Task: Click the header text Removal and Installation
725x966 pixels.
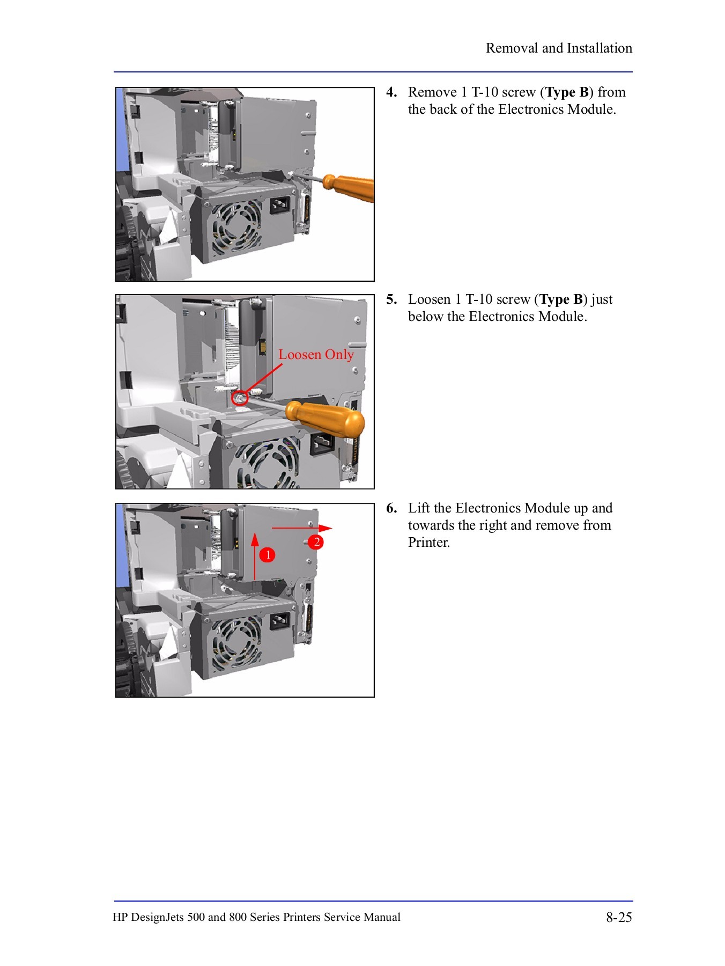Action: pyautogui.click(x=559, y=48)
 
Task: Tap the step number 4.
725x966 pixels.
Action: pyautogui.click(x=391, y=92)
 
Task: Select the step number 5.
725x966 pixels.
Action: pyautogui.click(x=391, y=299)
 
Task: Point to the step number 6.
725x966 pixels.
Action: pyautogui.click(x=391, y=508)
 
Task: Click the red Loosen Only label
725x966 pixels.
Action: pyautogui.click(x=316, y=355)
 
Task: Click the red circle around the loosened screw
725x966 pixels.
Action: pyautogui.click(x=239, y=398)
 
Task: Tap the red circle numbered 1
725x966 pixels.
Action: pyautogui.click(x=267, y=554)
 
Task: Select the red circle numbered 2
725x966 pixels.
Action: pyautogui.click(x=316, y=542)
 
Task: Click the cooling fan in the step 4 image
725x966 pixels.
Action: pyautogui.click(x=236, y=228)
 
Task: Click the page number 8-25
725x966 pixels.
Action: pyautogui.click(x=619, y=918)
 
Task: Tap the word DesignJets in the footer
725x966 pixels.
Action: pyautogui.click(x=157, y=918)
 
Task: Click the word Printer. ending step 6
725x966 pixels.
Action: pyautogui.click(x=428, y=543)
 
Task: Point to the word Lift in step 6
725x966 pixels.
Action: pyautogui.click(x=419, y=508)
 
